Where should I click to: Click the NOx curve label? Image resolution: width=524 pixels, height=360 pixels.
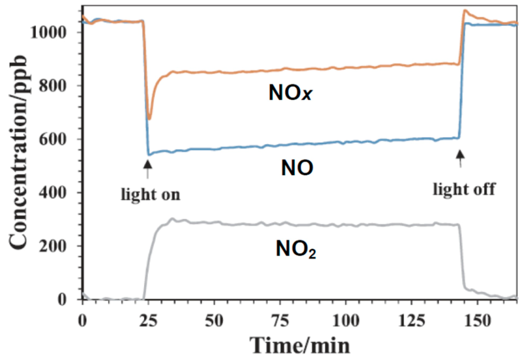click(x=290, y=92)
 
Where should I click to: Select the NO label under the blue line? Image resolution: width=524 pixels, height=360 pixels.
click(x=297, y=168)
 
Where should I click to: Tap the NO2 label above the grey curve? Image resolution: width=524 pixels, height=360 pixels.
click(x=296, y=249)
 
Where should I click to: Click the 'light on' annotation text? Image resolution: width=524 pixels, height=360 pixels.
click(x=151, y=195)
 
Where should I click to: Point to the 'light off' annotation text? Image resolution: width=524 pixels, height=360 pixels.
click(x=464, y=189)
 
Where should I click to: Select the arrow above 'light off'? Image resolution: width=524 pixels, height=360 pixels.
click(x=460, y=157)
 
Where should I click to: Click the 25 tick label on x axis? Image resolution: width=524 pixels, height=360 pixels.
click(x=148, y=321)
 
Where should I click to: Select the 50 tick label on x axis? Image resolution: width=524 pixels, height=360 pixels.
click(x=214, y=321)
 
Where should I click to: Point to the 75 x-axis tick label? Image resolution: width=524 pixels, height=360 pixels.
click(x=280, y=321)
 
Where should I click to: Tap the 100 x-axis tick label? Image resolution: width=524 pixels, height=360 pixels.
click(x=346, y=321)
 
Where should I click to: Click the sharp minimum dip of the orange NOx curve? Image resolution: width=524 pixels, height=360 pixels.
click(x=150, y=118)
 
